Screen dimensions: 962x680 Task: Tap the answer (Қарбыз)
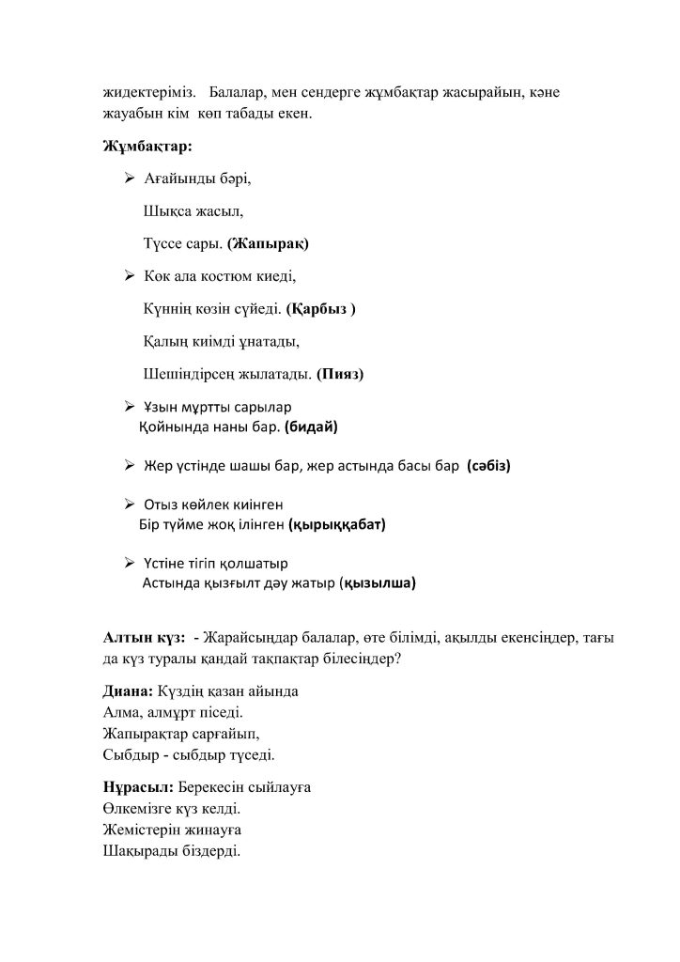tap(321, 307)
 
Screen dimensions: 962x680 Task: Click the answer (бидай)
tap(310, 427)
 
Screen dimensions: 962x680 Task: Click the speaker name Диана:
tap(128, 690)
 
